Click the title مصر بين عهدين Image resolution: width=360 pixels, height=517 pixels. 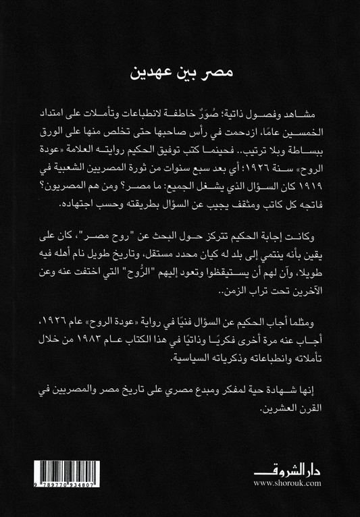point(180,72)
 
